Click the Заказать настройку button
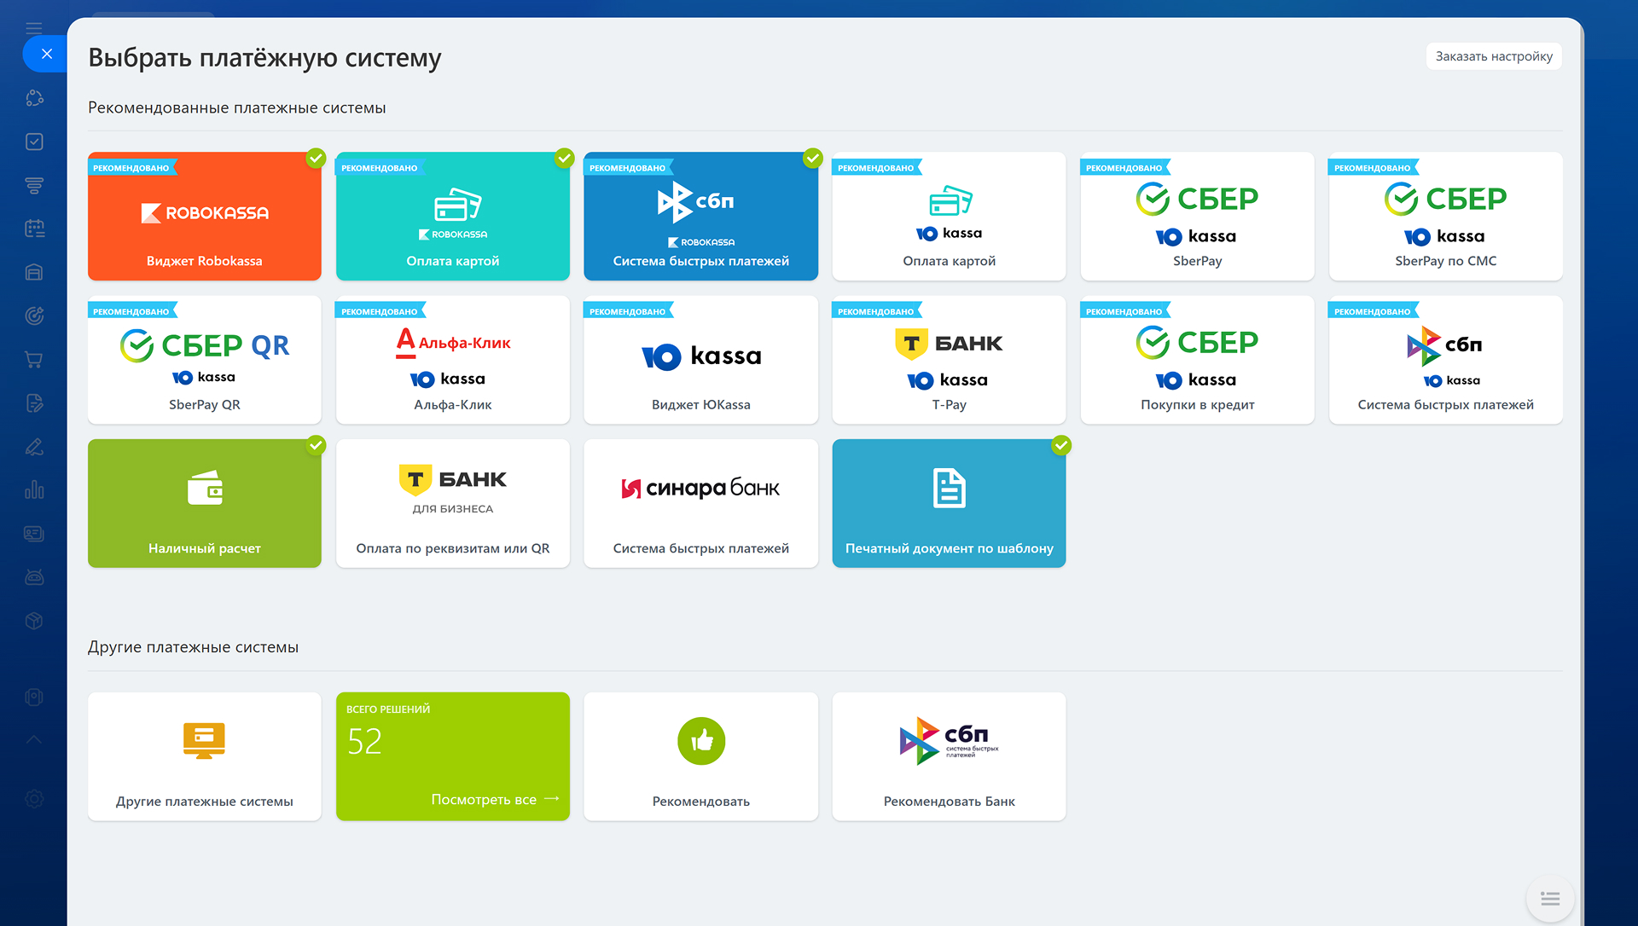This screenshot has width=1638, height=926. (1494, 56)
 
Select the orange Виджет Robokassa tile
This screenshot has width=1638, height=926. (205, 217)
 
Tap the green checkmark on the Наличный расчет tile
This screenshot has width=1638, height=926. (317, 445)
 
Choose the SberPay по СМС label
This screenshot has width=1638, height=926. (1445, 261)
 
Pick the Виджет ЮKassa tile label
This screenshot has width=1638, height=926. (701, 405)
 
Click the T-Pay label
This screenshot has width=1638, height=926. (949, 405)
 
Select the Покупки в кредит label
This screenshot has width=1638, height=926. (1197, 405)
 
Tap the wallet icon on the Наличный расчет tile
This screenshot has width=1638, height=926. (205, 488)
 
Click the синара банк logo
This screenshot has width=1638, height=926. (700, 488)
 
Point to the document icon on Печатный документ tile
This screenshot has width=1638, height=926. (949, 488)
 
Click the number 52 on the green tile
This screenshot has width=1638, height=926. (364, 742)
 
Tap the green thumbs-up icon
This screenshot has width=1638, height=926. (701, 741)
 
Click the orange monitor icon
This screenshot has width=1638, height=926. (204, 740)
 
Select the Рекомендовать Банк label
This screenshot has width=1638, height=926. (949, 802)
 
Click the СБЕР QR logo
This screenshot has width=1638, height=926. (205, 345)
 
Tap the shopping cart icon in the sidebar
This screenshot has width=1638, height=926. (34, 360)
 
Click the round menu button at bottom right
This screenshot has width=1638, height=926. (1550, 899)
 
